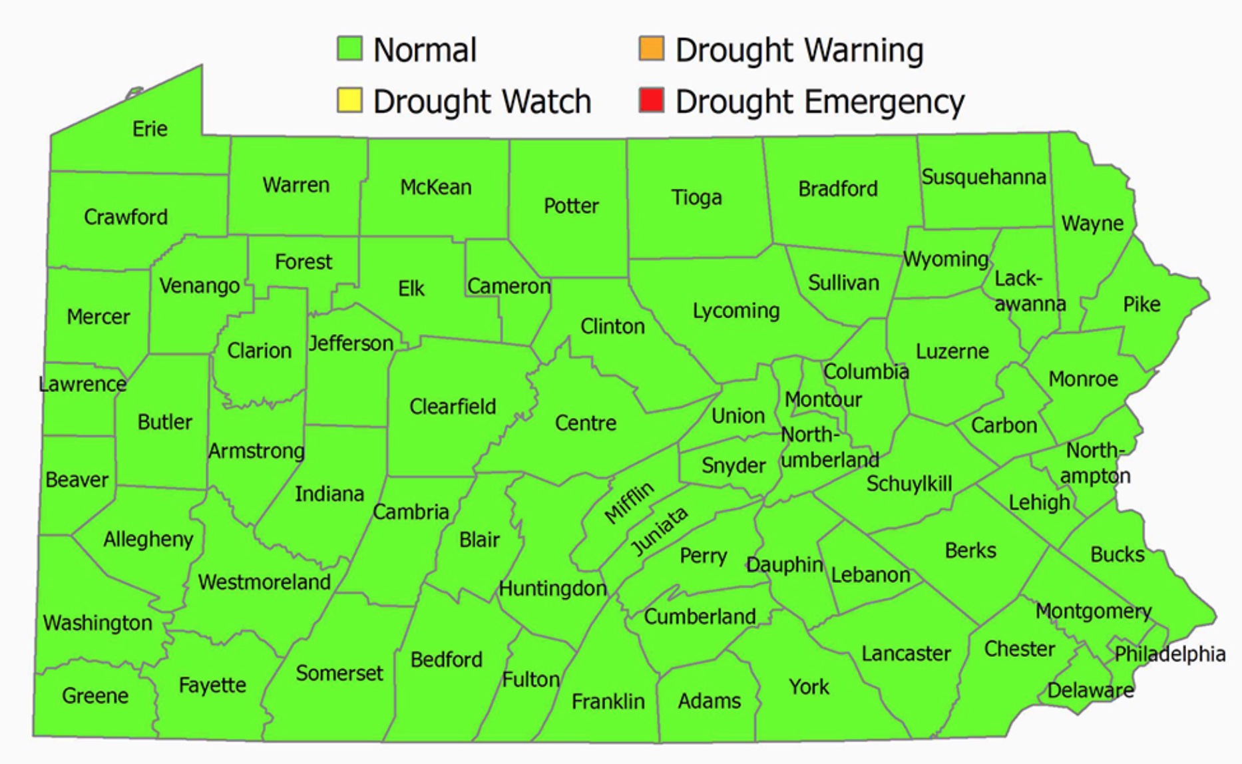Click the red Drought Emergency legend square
pyautogui.click(x=651, y=100)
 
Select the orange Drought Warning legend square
pyautogui.click(x=651, y=49)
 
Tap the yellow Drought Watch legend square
pyautogui.click(x=349, y=100)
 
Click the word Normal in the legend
pyautogui.click(x=425, y=50)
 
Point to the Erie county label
pyautogui.click(x=150, y=128)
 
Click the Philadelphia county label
pyautogui.click(x=1169, y=654)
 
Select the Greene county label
pyautogui.click(x=95, y=695)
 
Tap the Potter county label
pyautogui.click(x=571, y=206)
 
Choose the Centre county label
pyautogui.click(x=586, y=423)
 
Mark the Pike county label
pyautogui.click(x=1141, y=304)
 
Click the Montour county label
pyautogui.click(x=823, y=399)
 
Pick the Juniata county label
pyautogui.click(x=659, y=530)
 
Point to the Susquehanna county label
pyautogui.click(x=983, y=177)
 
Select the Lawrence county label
pyautogui.click(x=83, y=384)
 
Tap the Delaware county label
pyautogui.click(x=1090, y=690)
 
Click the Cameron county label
pyautogui.click(x=509, y=286)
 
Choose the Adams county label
pyautogui.click(x=709, y=701)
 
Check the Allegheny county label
pyautogui.click(x=148, y=538)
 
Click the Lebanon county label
pyautogui.click(x=870, y=574)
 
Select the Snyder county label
pyautogui.click(x=733, y=465)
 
